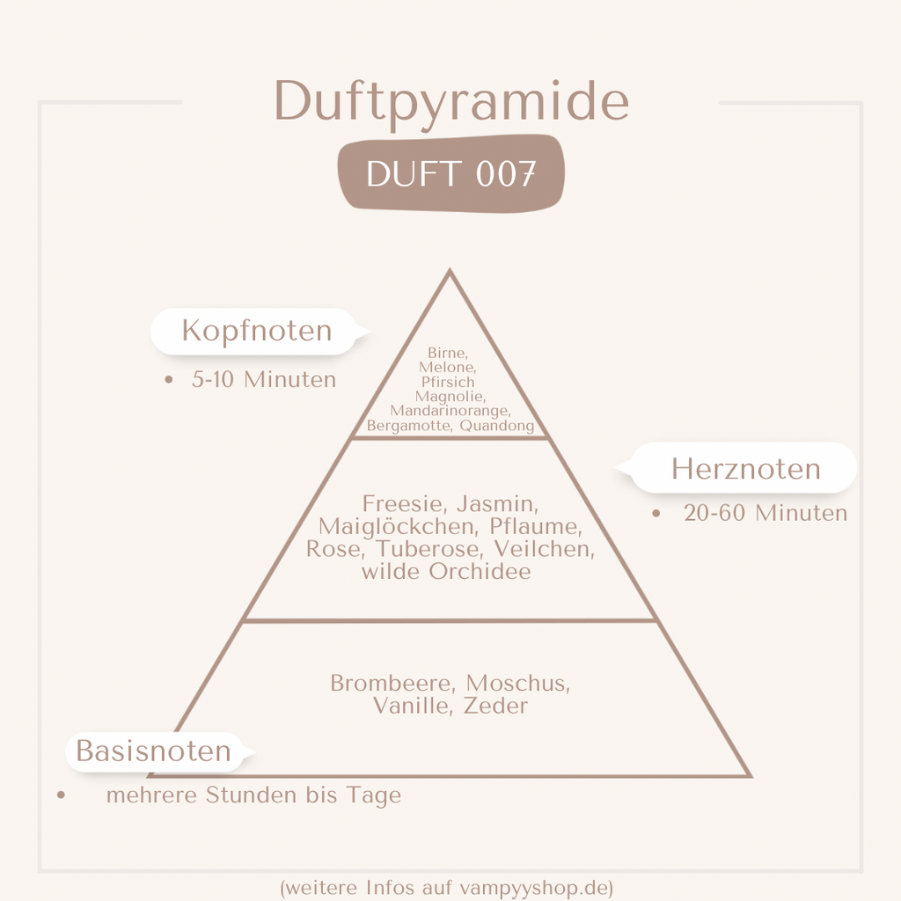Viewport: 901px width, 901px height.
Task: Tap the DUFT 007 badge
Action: coord(451,173)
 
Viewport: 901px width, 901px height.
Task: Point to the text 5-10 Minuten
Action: coord(264,380)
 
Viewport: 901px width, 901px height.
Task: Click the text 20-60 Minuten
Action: coord(765,513)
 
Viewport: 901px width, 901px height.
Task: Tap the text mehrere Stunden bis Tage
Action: coord(253,795)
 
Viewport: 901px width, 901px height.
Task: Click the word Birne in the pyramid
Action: coord(447,352)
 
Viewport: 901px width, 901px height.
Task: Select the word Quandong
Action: coord(497,426)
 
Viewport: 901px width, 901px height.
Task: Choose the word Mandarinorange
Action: coord(450,411)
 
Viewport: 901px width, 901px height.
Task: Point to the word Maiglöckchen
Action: coord(397,526)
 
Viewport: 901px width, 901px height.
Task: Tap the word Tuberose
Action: coord(429,549)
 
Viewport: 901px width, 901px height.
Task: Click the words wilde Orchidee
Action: coord(446,571)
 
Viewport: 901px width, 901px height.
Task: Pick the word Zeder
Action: coord(495,706)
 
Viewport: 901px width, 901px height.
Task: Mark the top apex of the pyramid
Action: coord(450,269)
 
